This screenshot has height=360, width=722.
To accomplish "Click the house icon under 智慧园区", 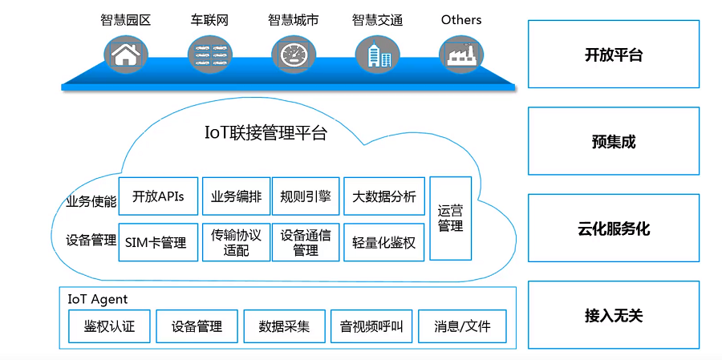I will (x=125, y=54).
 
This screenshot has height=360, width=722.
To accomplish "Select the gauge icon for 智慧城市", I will (x=293, y=54).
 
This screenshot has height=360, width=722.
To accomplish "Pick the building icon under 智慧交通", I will (x=377, y=54).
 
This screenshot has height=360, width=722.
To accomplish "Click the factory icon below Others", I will (x=461, y=54).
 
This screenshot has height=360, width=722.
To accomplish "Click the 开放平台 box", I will (x=613, y=55).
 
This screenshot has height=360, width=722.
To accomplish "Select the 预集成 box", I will (x=613, y=142).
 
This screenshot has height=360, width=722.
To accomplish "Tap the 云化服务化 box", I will (x=613, y=229).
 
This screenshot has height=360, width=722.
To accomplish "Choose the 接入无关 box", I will (x=613, y=315).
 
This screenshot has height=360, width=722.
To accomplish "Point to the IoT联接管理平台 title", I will (x=266, y=133).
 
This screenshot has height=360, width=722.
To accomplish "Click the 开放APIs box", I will (x=158, y=196).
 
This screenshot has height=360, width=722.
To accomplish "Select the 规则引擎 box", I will (x=306, y=196).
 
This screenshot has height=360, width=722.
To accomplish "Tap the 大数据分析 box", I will (x=384, y=196).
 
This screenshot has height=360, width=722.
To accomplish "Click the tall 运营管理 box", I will (x=450, y=218).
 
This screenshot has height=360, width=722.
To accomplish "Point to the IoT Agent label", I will (x=97, y=299).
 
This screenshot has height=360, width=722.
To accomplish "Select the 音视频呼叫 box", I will (x=371, y=326).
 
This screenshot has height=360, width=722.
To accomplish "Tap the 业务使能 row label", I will (x=91, y=201).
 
